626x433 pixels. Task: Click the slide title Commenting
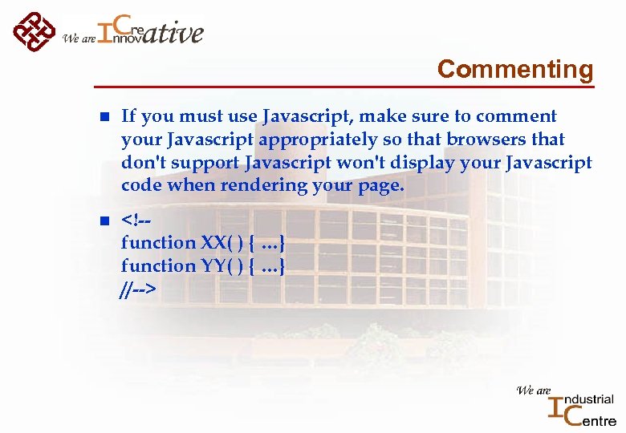click(514, 69)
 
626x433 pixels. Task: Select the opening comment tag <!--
click(137, 219)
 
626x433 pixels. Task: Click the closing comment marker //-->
click(137, 289)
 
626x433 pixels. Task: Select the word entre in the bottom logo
click(593, 420)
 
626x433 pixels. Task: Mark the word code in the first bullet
click(141, 185)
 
